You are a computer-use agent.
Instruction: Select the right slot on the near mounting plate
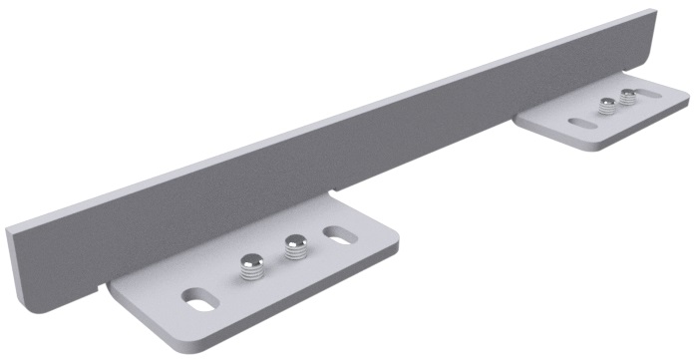point(339,236)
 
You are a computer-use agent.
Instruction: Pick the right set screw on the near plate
point(293,247)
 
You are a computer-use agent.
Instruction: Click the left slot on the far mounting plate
point(579,124)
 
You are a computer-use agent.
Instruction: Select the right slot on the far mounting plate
point(651,96)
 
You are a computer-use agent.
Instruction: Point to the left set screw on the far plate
point(605,107)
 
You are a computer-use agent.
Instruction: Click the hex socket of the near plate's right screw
point(293,240)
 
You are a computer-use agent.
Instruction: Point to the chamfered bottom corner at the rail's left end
point(21,299)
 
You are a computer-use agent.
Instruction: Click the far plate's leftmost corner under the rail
point(517,117)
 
